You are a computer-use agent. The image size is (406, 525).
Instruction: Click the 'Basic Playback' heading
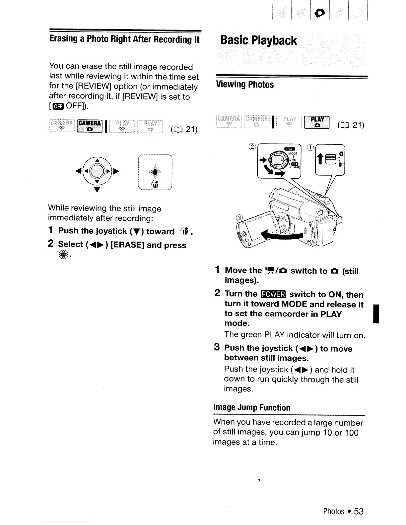click(x=258, y=40)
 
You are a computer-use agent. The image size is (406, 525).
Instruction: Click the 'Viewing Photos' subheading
click(x=245, y=85)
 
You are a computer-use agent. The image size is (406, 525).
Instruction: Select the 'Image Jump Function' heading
click(x=251, y=407)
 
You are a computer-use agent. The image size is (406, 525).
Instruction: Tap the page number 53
click(x=359, y=511)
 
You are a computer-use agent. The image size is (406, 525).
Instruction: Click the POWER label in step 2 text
click(x=273, y=294)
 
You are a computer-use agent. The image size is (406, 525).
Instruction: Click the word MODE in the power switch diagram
click(x=292, y=153)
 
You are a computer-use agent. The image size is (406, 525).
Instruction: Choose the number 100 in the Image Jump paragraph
click(x=352, y=433)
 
